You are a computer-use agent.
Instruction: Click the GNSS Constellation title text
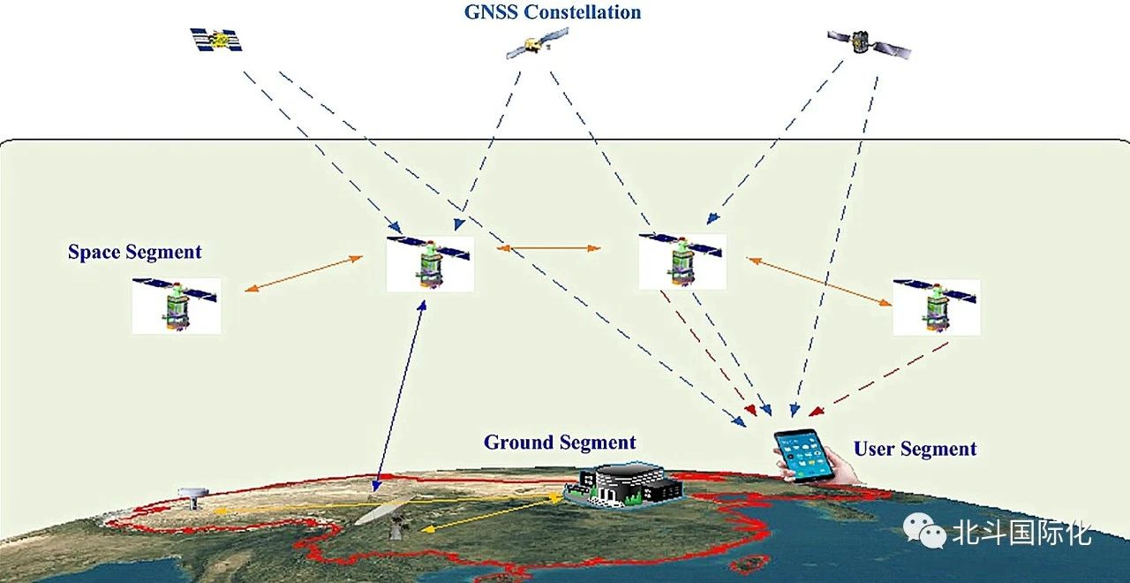click(552, 12)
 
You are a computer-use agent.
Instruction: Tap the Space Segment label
click(135, 253)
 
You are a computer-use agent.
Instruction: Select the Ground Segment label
click(560, 443)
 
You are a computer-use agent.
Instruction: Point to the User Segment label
click(915, 449)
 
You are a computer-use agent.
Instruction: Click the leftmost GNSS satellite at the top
click(216, 40)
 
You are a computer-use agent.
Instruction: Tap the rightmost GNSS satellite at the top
click(868, 42)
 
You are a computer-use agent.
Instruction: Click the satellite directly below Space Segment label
click(176, 305)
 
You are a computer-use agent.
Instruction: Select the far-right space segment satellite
click(936, 306)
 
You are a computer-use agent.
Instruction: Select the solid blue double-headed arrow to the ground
click(400, 393)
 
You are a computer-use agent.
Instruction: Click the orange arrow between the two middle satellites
click(549, 249)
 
